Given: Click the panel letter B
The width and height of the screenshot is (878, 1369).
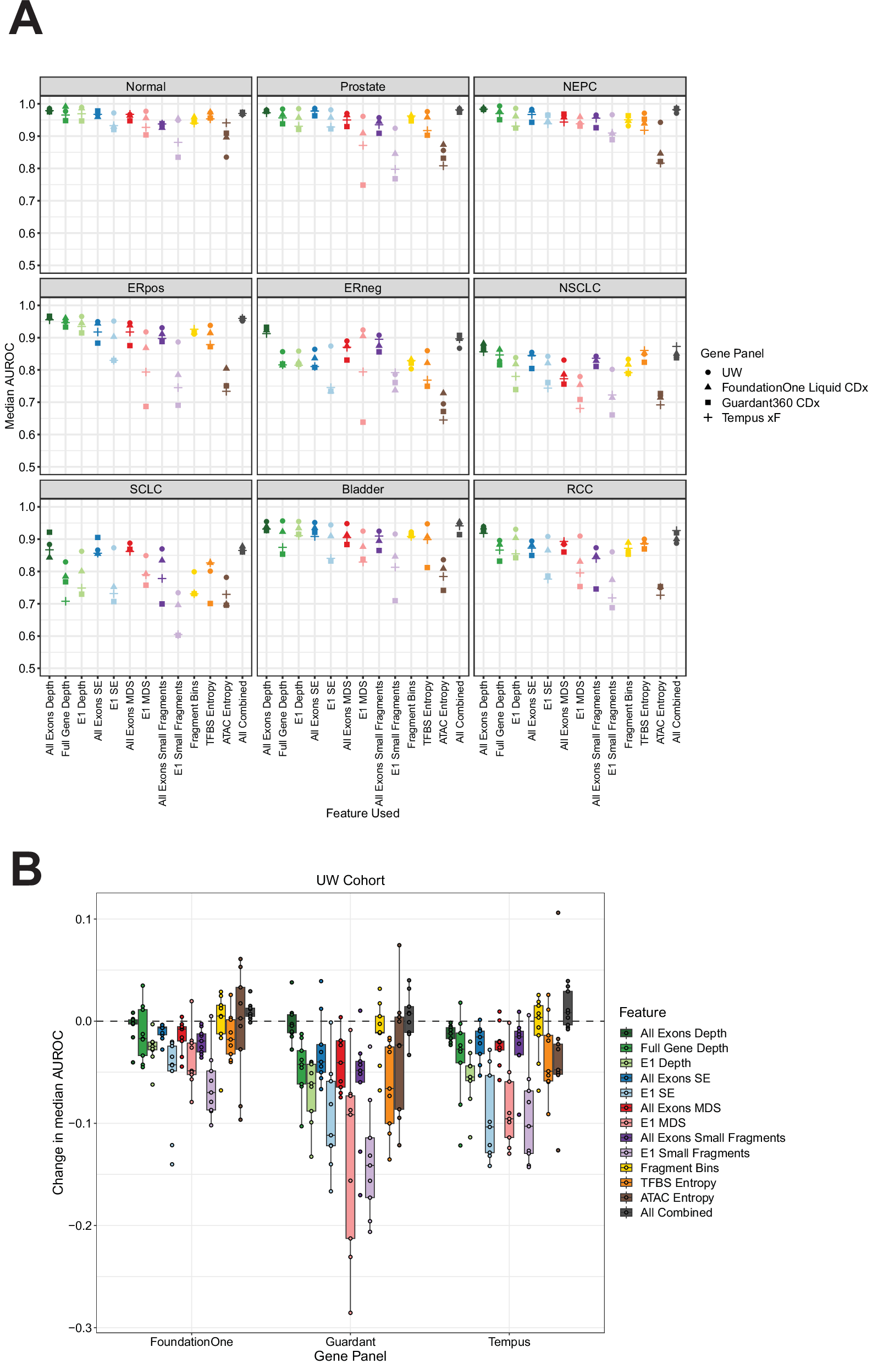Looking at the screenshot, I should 26,870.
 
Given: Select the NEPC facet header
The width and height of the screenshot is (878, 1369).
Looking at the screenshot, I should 579,87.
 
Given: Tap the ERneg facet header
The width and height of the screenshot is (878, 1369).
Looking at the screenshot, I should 363,288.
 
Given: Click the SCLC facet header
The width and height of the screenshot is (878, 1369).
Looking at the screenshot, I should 146,490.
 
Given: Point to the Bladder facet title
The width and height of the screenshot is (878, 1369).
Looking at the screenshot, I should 363,490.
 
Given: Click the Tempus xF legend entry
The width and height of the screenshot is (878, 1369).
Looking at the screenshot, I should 750,418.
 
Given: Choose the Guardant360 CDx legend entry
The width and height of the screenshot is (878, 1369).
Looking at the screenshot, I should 770,403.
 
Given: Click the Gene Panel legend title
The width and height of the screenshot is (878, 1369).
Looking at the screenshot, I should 732,354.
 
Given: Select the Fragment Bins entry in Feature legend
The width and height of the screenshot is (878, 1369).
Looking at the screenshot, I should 679,1168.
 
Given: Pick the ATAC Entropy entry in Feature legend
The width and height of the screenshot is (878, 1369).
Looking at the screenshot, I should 677,1197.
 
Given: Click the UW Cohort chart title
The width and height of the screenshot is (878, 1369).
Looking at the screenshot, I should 350,881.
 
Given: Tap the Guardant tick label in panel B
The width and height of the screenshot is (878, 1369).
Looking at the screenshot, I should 350,1341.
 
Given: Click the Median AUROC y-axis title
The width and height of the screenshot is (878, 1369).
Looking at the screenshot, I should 10,386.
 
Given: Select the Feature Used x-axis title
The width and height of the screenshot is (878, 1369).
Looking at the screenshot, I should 363,813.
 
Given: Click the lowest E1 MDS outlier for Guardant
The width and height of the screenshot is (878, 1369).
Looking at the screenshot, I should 350,1312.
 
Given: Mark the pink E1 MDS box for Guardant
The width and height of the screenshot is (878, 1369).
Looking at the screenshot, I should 350,1167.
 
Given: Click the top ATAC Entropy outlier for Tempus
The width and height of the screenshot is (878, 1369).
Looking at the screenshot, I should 558,912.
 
